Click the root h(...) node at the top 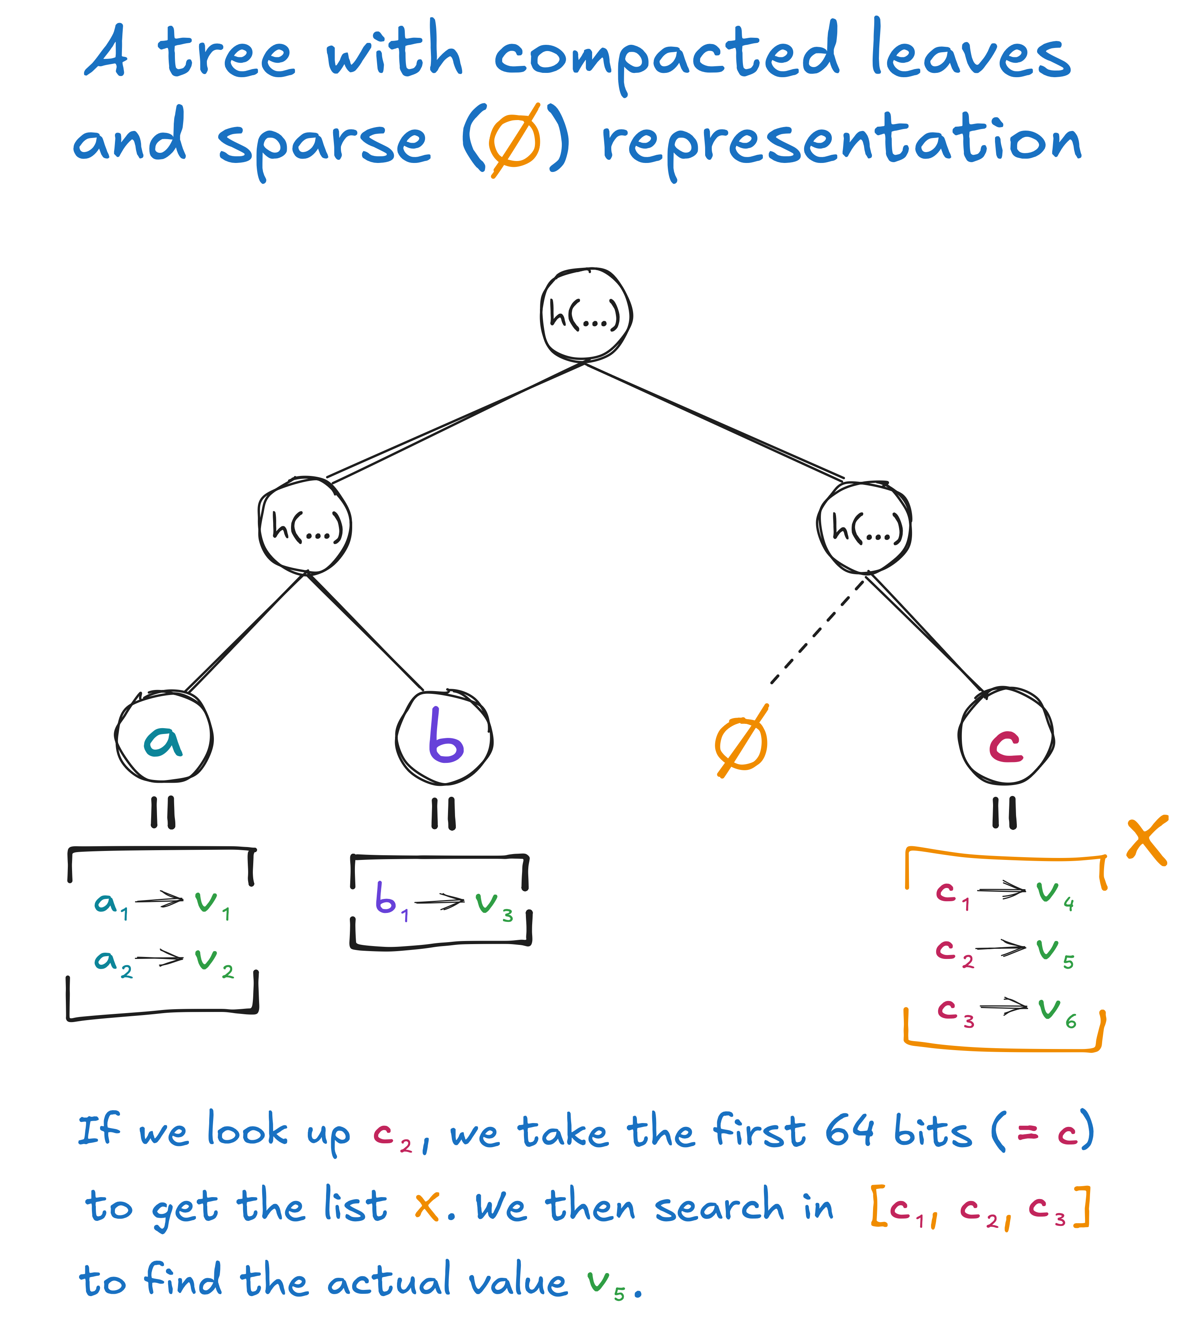(586, 315)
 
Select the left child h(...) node (305, 526)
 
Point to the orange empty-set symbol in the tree (742, 742)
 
